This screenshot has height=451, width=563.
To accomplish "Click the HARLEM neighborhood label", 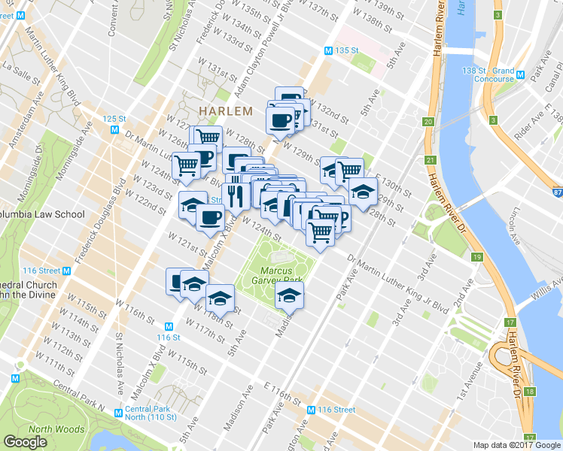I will pos(225,110).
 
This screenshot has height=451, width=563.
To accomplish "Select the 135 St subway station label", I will pos(345,50).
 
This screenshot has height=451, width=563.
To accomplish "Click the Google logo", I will pos(25,442).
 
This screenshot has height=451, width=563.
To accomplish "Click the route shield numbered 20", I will pos(428,122).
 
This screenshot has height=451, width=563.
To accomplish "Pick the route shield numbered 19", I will pos(477,257).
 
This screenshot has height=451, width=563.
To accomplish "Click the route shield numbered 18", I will pos(530,392).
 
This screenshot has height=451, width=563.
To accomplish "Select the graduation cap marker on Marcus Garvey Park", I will pos(289,297).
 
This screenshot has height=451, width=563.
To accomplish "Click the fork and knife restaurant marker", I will pos(236,195).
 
